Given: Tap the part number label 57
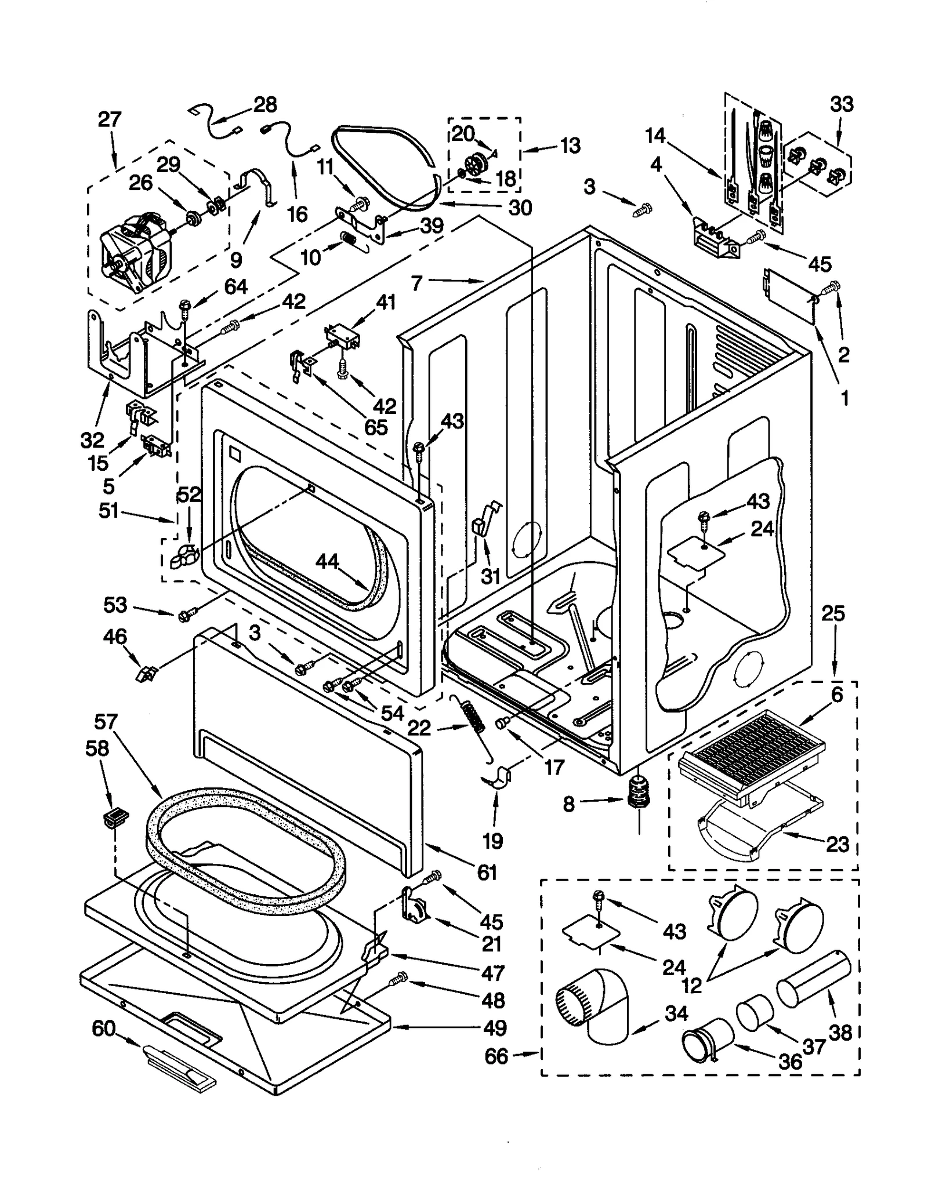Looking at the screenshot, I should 106,722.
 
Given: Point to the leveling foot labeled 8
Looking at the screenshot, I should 637,799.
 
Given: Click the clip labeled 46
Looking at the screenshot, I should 146,674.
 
